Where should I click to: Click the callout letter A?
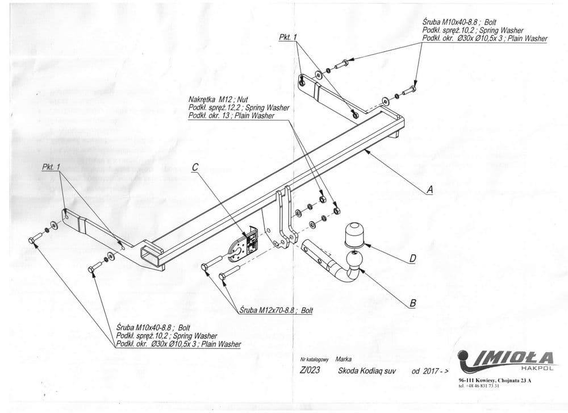[x=429, y=190]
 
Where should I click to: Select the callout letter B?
[x=413, y=303]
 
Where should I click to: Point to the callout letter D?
[x=413, y=259]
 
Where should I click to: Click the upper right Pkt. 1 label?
[x=288, y=37]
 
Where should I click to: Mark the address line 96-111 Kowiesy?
[x=492, y=381]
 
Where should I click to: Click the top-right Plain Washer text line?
[x=485, y=39]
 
